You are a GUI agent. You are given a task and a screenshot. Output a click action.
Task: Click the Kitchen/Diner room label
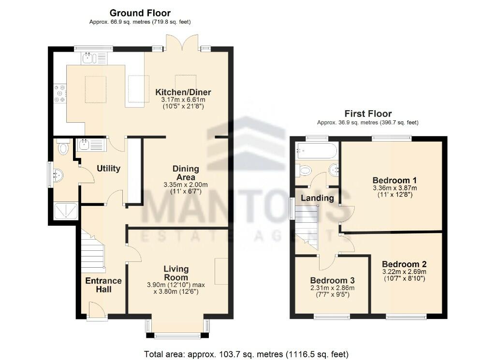coord(183,92)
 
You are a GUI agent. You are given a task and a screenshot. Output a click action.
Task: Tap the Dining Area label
coord(186,173)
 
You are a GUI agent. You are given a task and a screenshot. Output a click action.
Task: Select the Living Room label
coord(176,273)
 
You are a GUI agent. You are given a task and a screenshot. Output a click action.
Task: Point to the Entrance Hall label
coord(103,285)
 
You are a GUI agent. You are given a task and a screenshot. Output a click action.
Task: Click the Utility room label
coord(108,169)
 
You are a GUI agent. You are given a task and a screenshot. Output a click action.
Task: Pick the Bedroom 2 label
coord(404,264)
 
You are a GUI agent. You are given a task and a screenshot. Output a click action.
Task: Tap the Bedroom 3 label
coord(332,281)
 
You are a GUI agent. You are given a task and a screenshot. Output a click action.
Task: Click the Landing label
coord(317,198)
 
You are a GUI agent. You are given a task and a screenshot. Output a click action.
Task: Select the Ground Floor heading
coord(140,13)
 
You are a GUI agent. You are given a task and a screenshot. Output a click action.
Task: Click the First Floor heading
coord(367,114)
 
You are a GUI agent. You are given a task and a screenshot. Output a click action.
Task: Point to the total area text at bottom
coord(246,354)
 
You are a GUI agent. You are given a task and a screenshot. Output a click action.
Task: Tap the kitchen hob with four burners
coord(60,94)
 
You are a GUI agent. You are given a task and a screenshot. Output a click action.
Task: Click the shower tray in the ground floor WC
coord(65,211)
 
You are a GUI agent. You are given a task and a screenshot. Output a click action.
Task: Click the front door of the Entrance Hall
coord(97,311)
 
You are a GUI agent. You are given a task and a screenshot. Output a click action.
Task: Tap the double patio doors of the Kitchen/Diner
coord(182,43)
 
